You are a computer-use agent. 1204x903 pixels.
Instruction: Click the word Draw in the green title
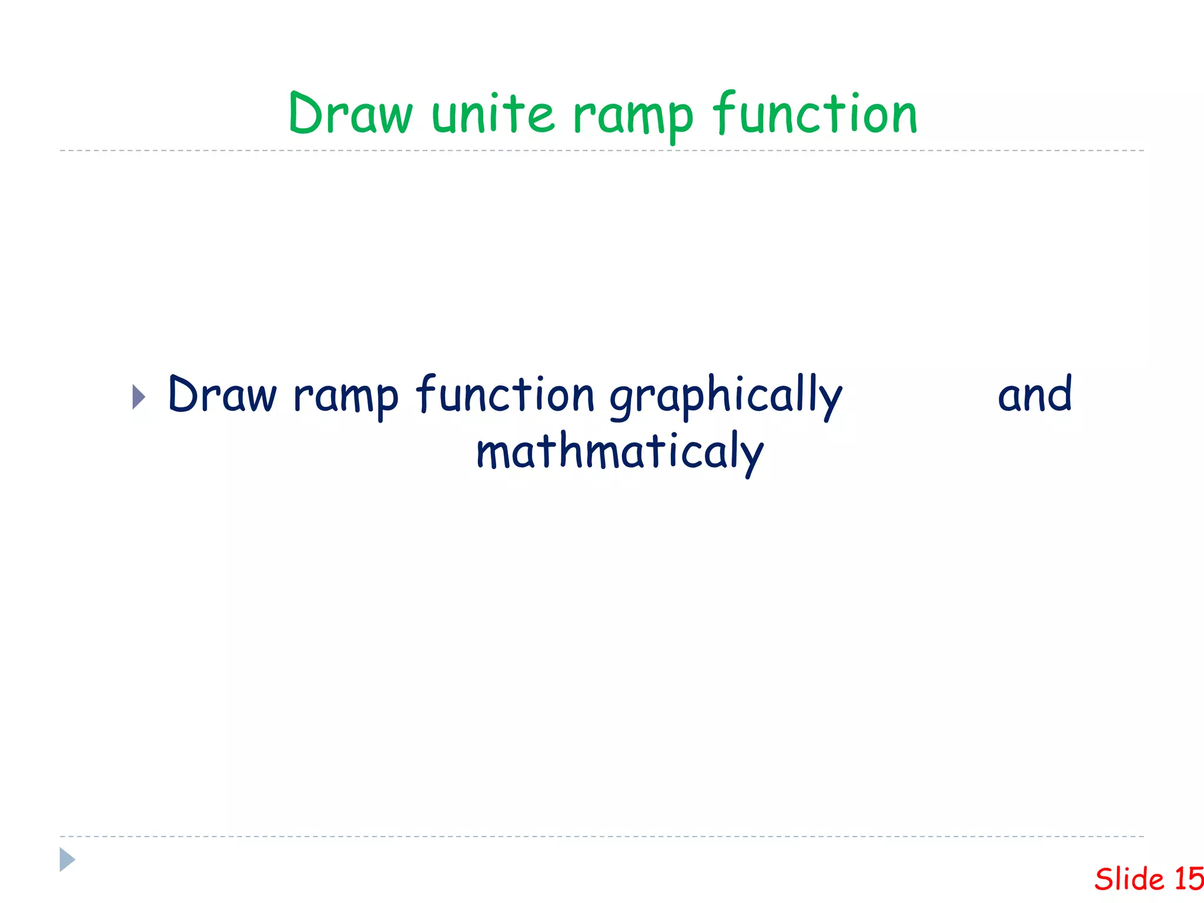pyautogui.click(x=351, y=114)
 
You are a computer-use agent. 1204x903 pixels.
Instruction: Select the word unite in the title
pyautogui.click(x=493, y=113)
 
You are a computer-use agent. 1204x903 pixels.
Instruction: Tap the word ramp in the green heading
pyautogui.click(x=633, y=116)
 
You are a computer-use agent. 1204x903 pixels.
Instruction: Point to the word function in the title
pyautogui.click(x=815, y=113)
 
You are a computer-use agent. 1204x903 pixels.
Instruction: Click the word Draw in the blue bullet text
pyautogui.click(x=222, y=394)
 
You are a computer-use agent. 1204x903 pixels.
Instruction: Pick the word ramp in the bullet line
pyautogui.click(x=346, y=397)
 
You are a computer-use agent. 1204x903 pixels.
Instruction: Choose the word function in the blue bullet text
pyautogui.click(x=506, y=394)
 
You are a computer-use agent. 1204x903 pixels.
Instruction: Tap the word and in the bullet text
pyautogui.click(x=1035, y=394)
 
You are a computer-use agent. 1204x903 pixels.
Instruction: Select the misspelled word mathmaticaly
pyautogui.click(x=620, y=453)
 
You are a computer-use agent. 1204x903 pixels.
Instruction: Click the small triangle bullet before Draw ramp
pyautogui.click(x=139, y=397)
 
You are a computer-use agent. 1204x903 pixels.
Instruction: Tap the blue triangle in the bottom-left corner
pyautogui.click(x=67, y=859)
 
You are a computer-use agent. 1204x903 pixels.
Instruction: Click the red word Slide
pyautogui.click(x=1129, y=879)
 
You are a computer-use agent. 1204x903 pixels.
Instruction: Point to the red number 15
pyautogui.click(x=1189, y=879)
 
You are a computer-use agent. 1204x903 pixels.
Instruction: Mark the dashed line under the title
pyautogui.click(x=602, y=150)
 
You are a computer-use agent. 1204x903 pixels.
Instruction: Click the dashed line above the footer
pyautogui.click(x=602, y=836)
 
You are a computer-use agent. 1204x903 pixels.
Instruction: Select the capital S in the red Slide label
pyautogui.click(x=1105, y=879)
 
